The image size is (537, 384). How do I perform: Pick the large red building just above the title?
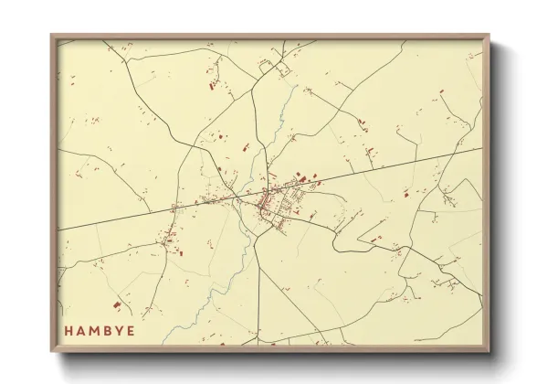116,305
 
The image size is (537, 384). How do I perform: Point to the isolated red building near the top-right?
441,91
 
